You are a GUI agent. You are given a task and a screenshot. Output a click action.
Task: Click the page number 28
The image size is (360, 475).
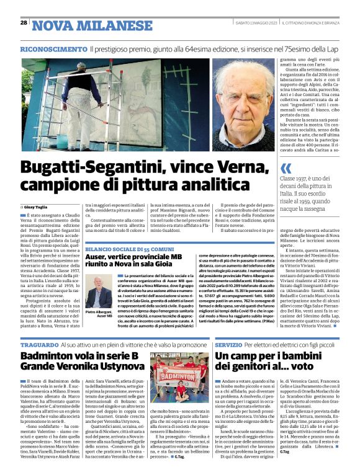(24, 23)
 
